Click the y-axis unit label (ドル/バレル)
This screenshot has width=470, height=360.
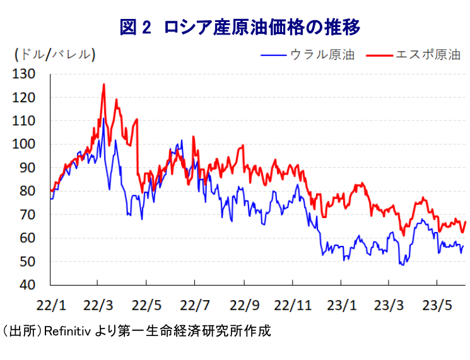[55, 55]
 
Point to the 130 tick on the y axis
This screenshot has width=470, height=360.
[31, 74]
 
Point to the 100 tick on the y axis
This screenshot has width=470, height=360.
[31, 144]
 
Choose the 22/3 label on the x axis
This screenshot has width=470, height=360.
[98, 306]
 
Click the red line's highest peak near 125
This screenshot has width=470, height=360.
[103, 84]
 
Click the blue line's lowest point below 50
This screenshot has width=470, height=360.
[402, 265]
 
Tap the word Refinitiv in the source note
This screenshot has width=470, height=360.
[65, 331]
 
